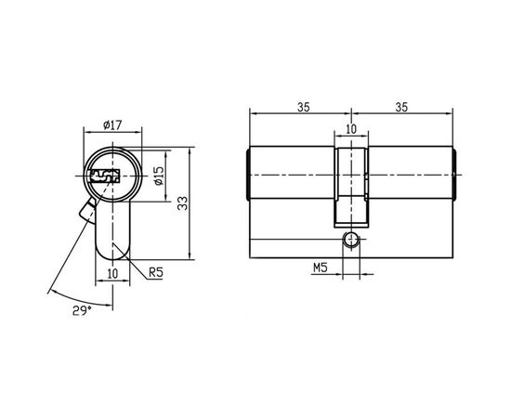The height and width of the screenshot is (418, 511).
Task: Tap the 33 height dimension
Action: click(182, 203)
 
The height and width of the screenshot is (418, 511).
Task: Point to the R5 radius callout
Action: click(156, 272)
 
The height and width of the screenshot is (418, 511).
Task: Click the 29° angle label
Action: click(83, 309)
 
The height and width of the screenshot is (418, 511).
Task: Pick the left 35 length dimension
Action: click(302, 106)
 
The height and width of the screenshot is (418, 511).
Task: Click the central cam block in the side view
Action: click(350, 181)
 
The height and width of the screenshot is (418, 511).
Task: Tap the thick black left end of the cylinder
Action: click(249, 174)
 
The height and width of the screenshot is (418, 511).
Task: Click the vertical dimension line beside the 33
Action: click(191, 203)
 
